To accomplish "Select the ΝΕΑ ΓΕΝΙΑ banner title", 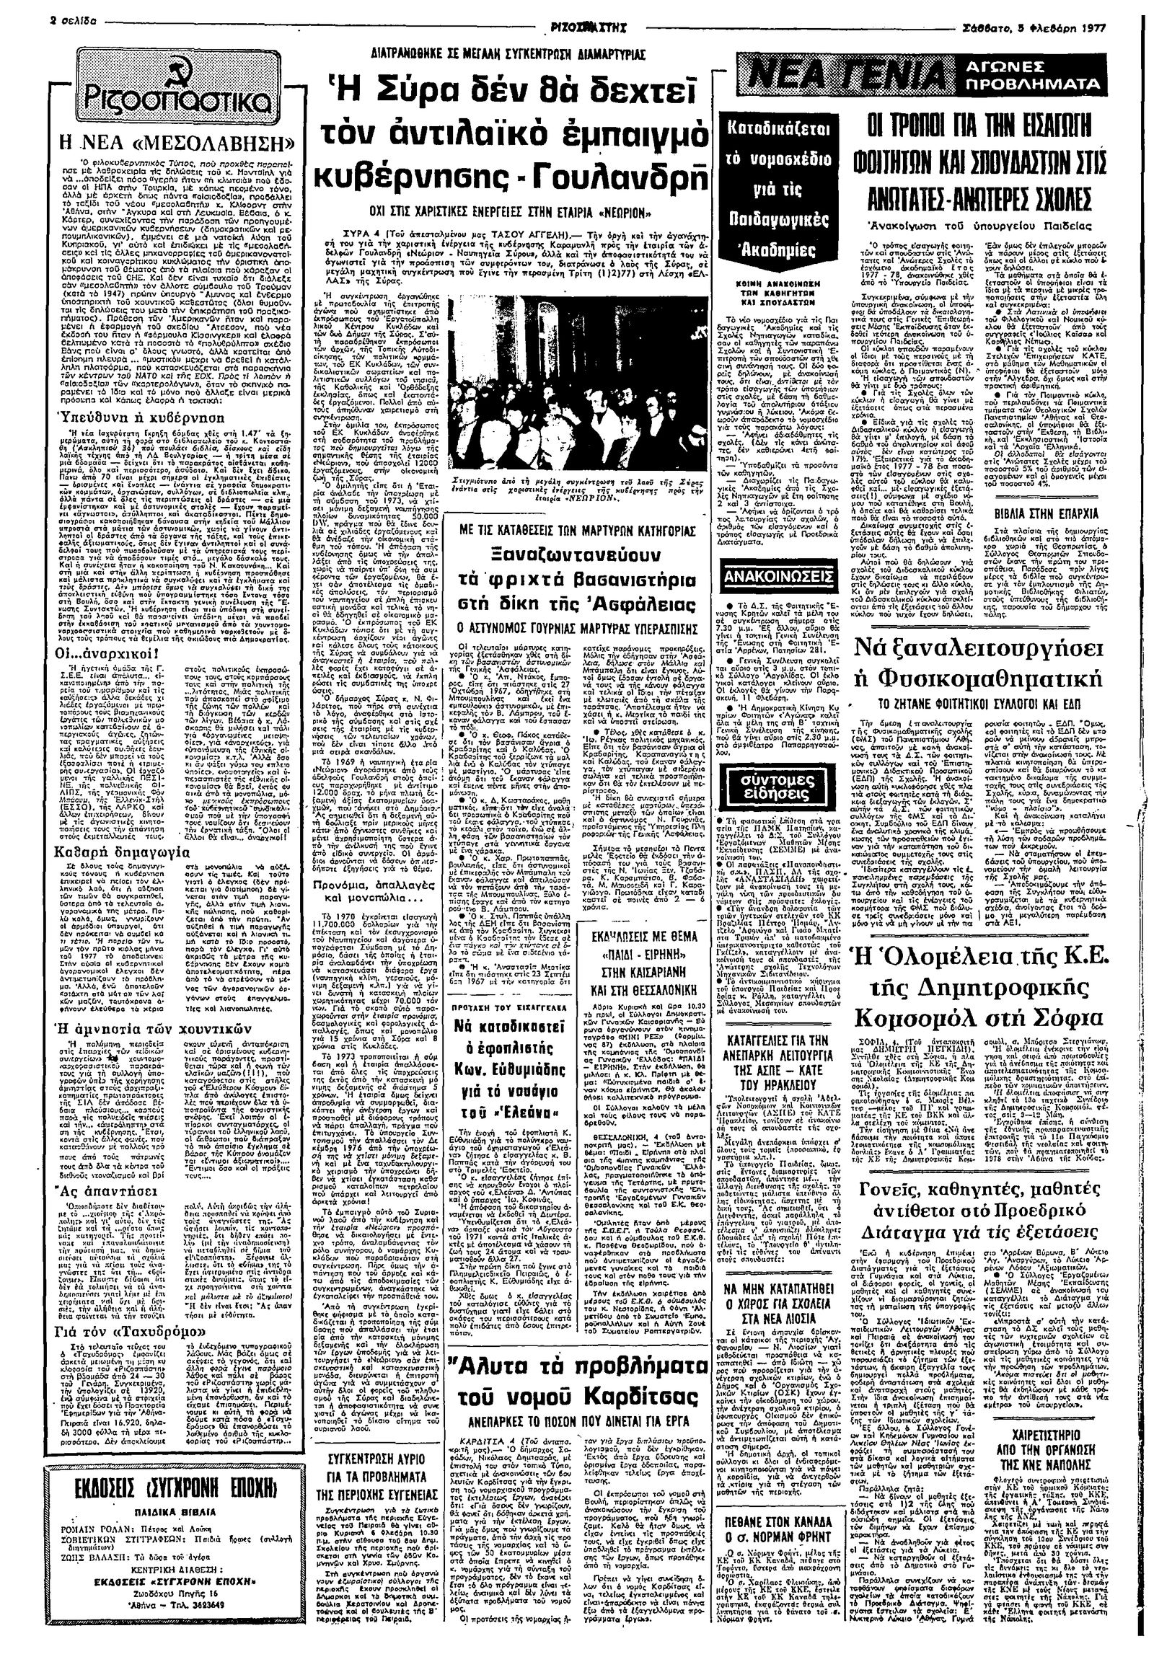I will coord(848,76).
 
